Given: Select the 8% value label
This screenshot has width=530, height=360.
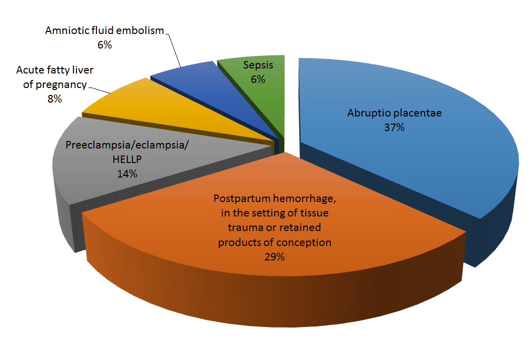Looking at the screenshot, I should (x=54, y=98).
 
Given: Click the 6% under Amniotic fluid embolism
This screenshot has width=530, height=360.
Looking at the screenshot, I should (x=104, y=45).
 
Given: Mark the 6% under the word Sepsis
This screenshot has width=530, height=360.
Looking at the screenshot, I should (x=258, y=79).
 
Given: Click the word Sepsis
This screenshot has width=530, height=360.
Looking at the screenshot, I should (x=258, y=65).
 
